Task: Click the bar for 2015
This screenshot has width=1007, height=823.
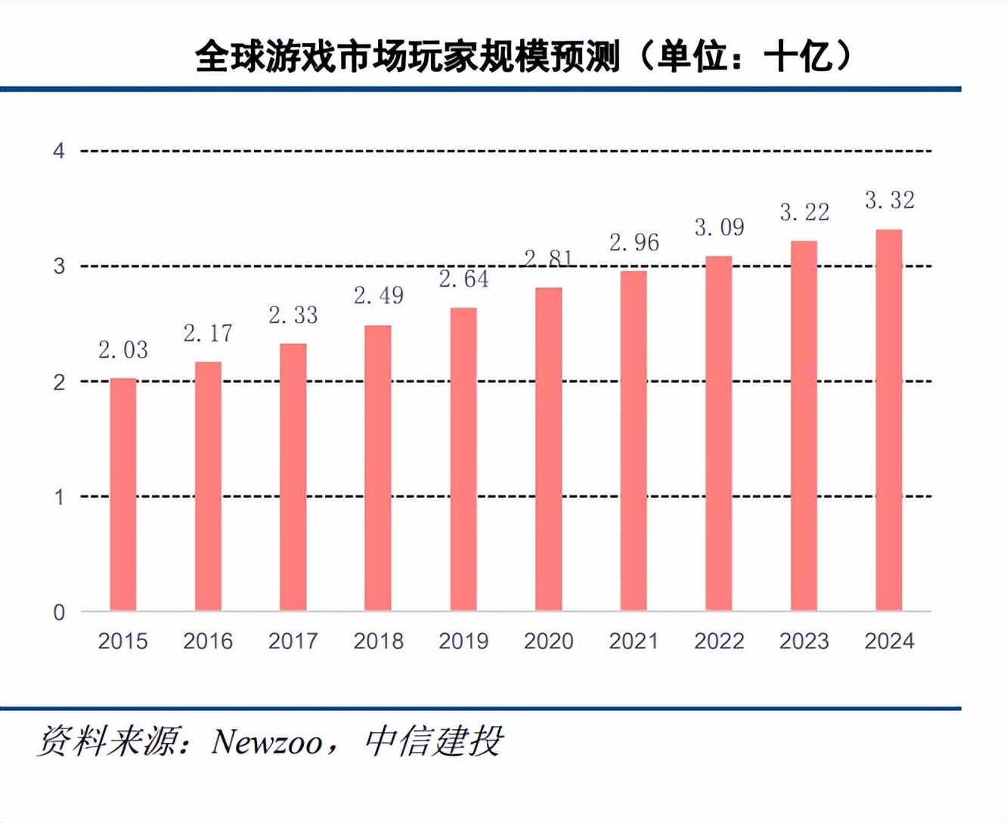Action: pos(123,495)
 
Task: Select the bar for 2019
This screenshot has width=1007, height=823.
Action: pos(463,459)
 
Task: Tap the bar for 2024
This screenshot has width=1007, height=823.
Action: pos(889,421)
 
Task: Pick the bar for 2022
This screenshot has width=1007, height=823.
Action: pos(719,433)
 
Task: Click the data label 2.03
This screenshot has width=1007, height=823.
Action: pos(123,350)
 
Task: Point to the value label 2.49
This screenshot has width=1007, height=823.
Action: pos(379,296)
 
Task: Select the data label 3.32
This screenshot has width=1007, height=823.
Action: pos(890,200)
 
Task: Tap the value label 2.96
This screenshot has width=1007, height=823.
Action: pos(634,243)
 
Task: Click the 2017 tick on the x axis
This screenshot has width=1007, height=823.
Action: pos(293,641)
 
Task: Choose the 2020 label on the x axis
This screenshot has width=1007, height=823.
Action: pos(549,641)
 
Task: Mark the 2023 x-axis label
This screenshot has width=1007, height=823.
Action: pos(804,641)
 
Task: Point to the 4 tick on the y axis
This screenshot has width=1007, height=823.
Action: pos(59,151)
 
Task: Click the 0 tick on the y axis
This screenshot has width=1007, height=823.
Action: pos(59,612)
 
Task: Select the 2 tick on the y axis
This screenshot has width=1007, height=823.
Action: pos(59,382)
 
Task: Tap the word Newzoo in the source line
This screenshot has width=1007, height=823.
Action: pos(266,742)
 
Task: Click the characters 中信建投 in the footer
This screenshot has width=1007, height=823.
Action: pos(433,742)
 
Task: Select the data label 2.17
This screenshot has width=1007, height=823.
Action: pos(208,334)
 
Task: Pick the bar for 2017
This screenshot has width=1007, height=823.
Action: pos(293,477)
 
